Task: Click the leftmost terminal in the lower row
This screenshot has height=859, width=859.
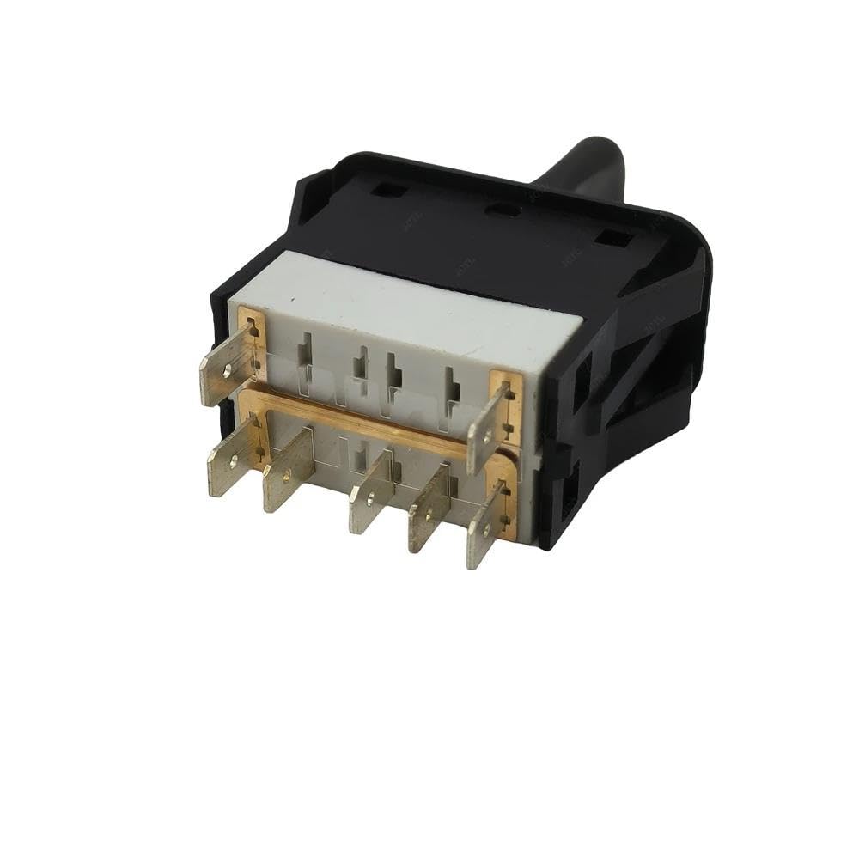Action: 226,465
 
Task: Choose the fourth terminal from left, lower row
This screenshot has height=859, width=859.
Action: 429,512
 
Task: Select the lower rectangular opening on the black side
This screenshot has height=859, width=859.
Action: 569,494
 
